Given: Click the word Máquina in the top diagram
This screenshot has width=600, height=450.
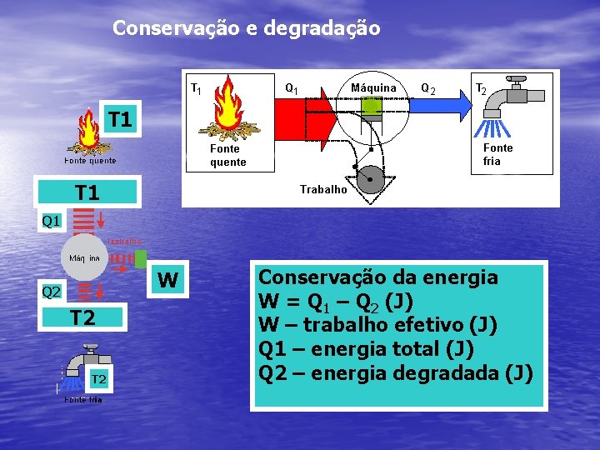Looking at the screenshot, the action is pyautogui.click(x=373, y=87).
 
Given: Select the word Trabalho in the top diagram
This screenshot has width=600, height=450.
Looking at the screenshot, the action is pyautogui.click(x=323, y=189).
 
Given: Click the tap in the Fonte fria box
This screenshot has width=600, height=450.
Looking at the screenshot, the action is pyautogui.click(x=504, y=104).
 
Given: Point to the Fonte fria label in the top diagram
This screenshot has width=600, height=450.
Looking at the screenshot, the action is pyautogui.click(x=498, y=154).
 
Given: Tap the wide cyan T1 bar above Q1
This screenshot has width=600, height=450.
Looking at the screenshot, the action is pyautogui.click(x=87, y=193).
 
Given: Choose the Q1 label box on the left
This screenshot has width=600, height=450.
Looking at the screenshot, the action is pyautogui.click(x=52, y=222).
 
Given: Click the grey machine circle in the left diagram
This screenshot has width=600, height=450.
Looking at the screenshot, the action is pyautogui.click(x=83, y=257).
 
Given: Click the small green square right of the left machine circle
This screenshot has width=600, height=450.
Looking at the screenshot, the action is pyautogui.click(x=141, y=259).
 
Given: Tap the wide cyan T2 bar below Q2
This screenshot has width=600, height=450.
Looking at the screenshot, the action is pyautogui.click(x=82, y=317).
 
